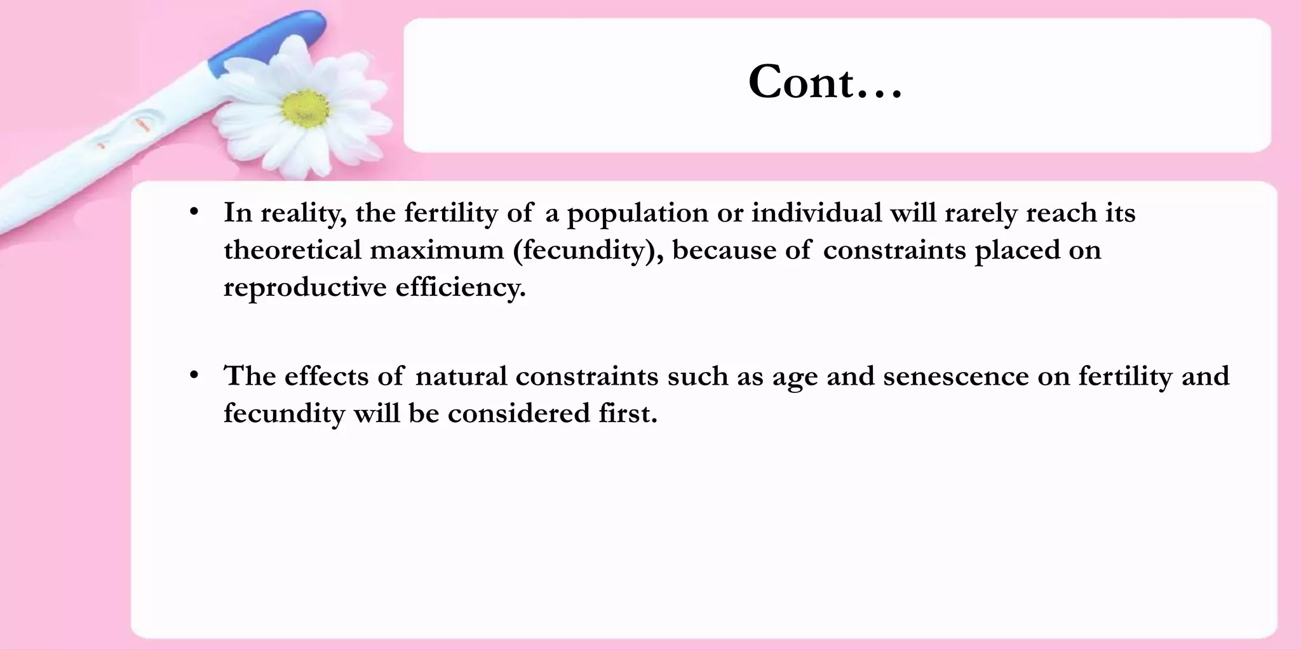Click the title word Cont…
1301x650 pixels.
pos(825,83)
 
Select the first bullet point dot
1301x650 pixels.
pos(194,211)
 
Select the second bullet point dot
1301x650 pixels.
pos(194,375)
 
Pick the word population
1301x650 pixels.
pos(637,213)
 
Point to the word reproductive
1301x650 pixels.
pos(304,287)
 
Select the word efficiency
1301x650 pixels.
pos(461,287)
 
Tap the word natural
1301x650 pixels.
pos(461,376)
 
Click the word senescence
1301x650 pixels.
pos(956,376)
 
